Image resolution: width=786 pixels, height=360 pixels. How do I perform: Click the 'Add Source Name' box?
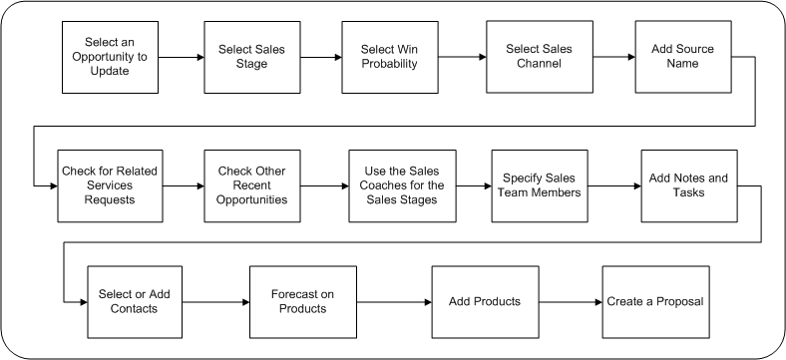click(675, 57)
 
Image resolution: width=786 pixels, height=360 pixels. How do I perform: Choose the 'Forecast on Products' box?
click(299, 301)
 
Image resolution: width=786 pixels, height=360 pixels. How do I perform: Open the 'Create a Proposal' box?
click(656, 301)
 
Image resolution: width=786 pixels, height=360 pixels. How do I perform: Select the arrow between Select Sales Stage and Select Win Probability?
click(319, 58)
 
